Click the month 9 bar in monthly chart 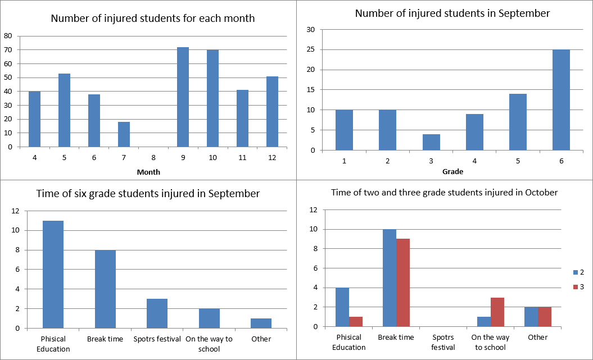click(183, 97)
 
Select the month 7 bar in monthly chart click(124, 134)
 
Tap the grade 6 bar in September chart click(561, 100)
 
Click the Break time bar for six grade click(105, 289)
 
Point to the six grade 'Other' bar click(261, 323)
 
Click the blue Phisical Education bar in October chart click(342, 307)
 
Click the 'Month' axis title click(148, 172)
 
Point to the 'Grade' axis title click(452, 171)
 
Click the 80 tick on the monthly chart click(8, 36)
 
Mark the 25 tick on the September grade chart click(310, 50)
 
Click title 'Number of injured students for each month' click(152, 19)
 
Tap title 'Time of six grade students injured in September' click(148, 194)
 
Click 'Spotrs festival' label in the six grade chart click(157, 339)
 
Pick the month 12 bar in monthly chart click(272, 111)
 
